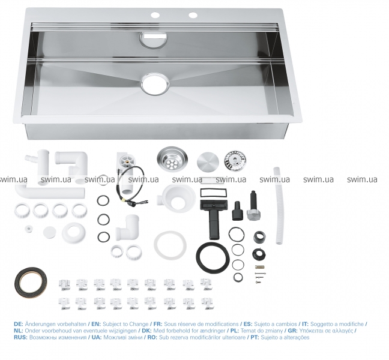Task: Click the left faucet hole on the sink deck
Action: [155, 15]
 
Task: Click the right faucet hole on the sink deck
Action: [193, 15]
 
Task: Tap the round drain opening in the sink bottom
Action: [155, 84]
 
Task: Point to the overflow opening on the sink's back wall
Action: [154, 39]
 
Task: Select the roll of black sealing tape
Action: [31, 283]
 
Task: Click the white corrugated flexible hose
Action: [279, 206]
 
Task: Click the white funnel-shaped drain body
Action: [176, 198]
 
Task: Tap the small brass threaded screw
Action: [259, 267]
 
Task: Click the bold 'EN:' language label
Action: [96, 324]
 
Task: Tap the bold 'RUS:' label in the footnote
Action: [20, 337]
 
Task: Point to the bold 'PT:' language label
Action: [255, 337]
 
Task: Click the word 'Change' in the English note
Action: [140, 324]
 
